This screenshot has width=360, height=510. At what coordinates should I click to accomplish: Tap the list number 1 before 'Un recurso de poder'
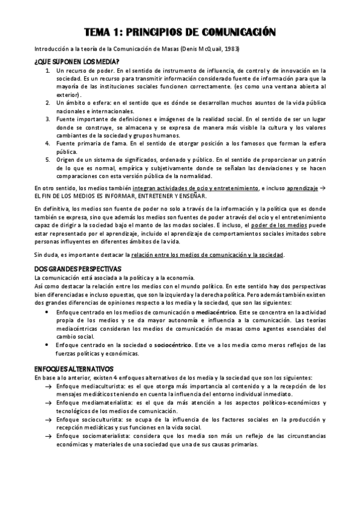click(48, 71)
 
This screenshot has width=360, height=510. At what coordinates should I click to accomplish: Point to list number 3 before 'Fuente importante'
click(48, 119)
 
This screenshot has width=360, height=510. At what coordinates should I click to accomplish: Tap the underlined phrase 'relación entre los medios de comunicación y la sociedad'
click(207, 255)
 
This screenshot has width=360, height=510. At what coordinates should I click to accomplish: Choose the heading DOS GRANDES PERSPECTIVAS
click(78, 268)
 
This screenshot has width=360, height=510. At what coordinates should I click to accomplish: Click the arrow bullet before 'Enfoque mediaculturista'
click(48, 386)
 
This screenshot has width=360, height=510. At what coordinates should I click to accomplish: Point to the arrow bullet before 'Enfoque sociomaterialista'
click(48, 435)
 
